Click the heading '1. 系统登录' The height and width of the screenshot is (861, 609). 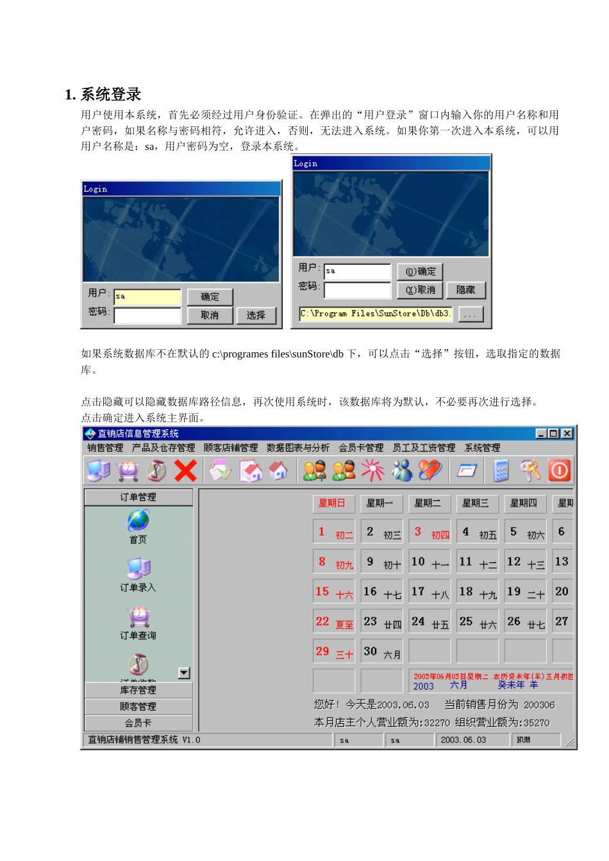[103, 95]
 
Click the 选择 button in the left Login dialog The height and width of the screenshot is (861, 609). [256, 315]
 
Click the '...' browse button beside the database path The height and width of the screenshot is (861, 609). [471, 315]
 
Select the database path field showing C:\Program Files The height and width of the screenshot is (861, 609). [375, 314]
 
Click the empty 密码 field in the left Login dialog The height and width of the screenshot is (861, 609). [147, 316]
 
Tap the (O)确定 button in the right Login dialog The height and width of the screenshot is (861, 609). [420, 272]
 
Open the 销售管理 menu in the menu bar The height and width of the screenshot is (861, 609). [105, 448]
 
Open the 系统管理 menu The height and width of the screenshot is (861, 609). [482, 448]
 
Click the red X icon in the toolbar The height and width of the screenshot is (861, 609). [185, 471]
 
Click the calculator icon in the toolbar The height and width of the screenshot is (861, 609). [501, 471]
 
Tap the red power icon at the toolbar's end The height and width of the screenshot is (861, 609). [559, 471]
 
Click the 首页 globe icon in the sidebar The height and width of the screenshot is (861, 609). [138, 521]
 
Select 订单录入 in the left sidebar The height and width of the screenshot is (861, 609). [138, 569]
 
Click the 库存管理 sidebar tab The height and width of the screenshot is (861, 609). [138, 690]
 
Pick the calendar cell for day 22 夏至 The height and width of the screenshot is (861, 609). [334, 622]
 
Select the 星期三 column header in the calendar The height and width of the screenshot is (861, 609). [476, 504]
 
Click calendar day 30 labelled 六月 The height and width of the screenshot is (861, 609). [381, 652]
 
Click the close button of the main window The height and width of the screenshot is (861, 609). [567, 434]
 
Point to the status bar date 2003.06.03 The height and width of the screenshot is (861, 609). [463, 740]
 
